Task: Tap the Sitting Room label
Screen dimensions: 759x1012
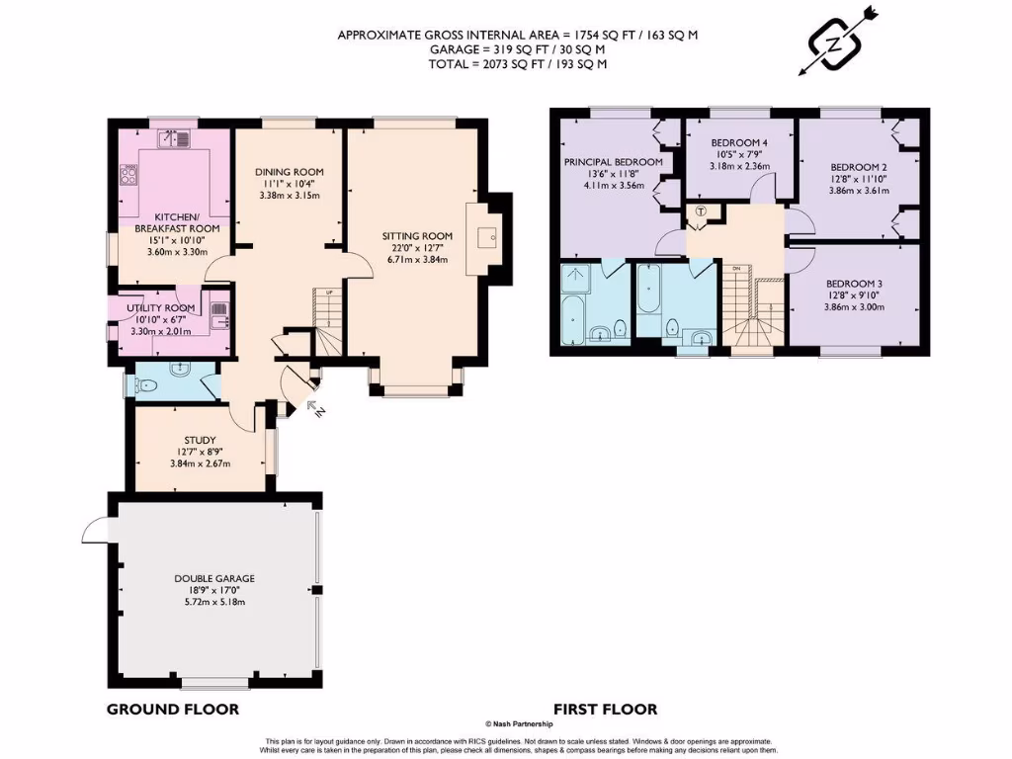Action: point(417,236)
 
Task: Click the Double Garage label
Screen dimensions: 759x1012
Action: point(214,578)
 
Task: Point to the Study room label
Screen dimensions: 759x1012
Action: point(200,441)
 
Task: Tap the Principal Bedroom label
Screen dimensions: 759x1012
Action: point(613,161)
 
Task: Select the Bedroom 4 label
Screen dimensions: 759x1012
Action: point(739,142)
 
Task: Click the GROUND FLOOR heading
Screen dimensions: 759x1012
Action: point(172,709)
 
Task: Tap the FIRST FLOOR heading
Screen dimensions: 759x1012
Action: point(605,709)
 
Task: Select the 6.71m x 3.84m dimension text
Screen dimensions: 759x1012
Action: point(417,260)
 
